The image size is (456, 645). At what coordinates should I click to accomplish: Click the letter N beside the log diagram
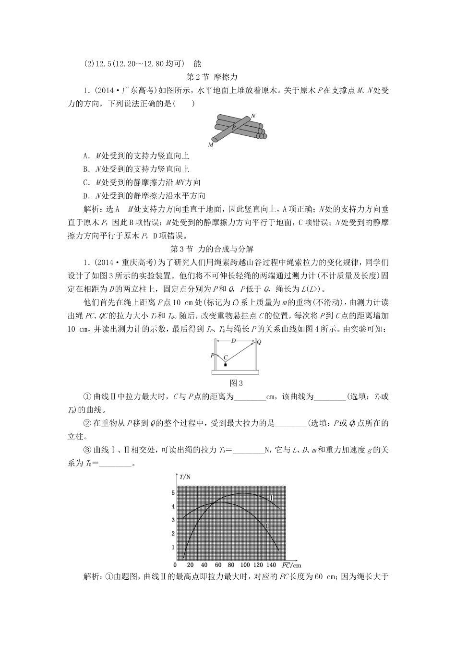point(253,116)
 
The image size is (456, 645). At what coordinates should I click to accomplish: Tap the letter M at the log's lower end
point(211,144)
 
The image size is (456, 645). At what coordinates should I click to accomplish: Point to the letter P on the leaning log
point(234,128)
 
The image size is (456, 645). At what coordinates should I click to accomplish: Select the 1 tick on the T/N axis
point(173,547)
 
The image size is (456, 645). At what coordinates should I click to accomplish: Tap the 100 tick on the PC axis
point(245,565)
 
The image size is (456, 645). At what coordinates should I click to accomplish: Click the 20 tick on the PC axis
point(191,565)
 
